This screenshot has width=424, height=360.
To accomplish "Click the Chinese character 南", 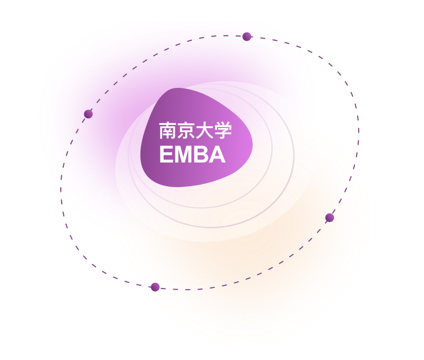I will [168, 131].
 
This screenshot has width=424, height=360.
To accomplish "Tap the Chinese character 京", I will [186, 131].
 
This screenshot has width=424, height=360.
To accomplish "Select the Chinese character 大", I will [205, 131].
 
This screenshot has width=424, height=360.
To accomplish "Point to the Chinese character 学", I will [223, 131].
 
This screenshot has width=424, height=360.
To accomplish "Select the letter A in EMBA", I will [218, 155].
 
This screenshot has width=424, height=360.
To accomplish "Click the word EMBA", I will [192, 155].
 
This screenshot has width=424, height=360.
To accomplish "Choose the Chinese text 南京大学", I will [196, 131].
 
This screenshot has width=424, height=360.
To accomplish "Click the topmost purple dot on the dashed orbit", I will [247, 37].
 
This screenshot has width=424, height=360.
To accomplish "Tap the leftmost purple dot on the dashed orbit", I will [89, 114].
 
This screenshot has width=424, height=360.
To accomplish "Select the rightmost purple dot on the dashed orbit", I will [330, 218].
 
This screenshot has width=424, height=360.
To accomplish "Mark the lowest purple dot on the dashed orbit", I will [155, 287].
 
